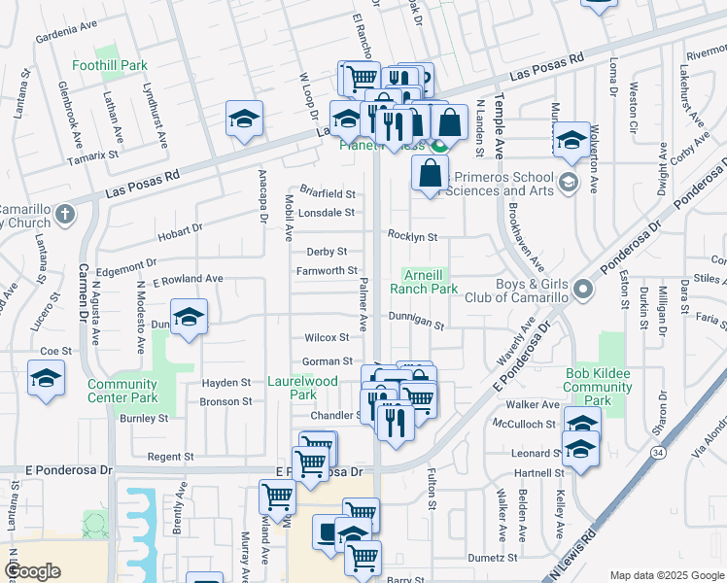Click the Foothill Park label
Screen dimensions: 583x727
[x=110, y=66]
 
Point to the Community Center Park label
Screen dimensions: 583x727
[x=122, y=391]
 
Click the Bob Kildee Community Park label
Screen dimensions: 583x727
[x=599, y=387]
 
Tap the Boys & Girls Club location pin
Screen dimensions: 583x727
[x=582, y=289]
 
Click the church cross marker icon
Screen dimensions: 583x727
[x=64, y=214]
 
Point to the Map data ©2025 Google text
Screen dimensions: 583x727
[x=667, y=575]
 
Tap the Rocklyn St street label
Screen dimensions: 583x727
[x=413, y=236]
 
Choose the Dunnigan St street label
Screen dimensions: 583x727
[x=416, y=326]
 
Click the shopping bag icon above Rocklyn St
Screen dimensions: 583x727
[x=430, y=174]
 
